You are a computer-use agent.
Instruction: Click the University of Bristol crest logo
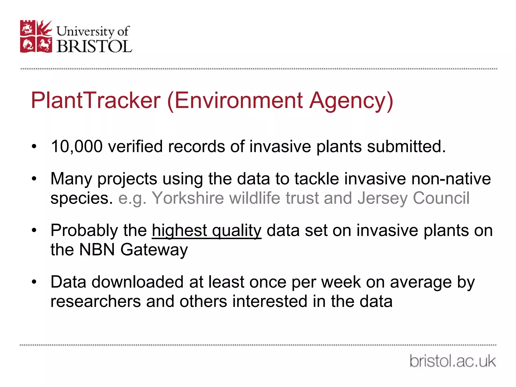(36, 36)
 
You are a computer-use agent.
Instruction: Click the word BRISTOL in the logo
(94, 46)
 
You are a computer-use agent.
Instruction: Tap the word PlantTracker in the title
(95, 101)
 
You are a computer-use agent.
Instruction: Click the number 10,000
(77, 146)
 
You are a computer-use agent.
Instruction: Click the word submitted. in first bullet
(406, 146)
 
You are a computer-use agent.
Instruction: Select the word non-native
(451, 179)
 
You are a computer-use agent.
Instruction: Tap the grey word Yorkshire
(188, 198)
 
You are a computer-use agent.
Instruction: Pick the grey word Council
(441, 198)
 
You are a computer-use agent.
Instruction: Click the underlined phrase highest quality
(207, 231)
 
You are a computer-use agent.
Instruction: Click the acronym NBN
(97, 250)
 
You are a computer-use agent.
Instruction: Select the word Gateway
(154, 250)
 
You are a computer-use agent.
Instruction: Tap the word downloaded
(137, 282)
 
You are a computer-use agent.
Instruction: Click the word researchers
(95, 301)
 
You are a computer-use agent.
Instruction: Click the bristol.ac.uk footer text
(453, 361)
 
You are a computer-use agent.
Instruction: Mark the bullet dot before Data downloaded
(34, 282)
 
